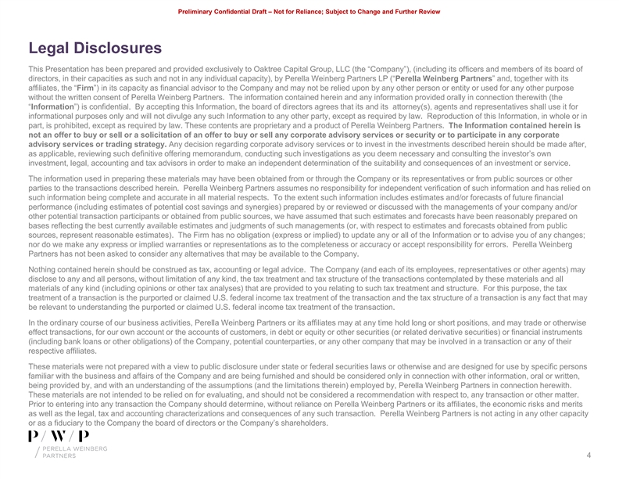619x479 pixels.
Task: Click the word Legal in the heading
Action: [x=48, y=49]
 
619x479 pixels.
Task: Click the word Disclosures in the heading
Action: [x=117, y=49]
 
